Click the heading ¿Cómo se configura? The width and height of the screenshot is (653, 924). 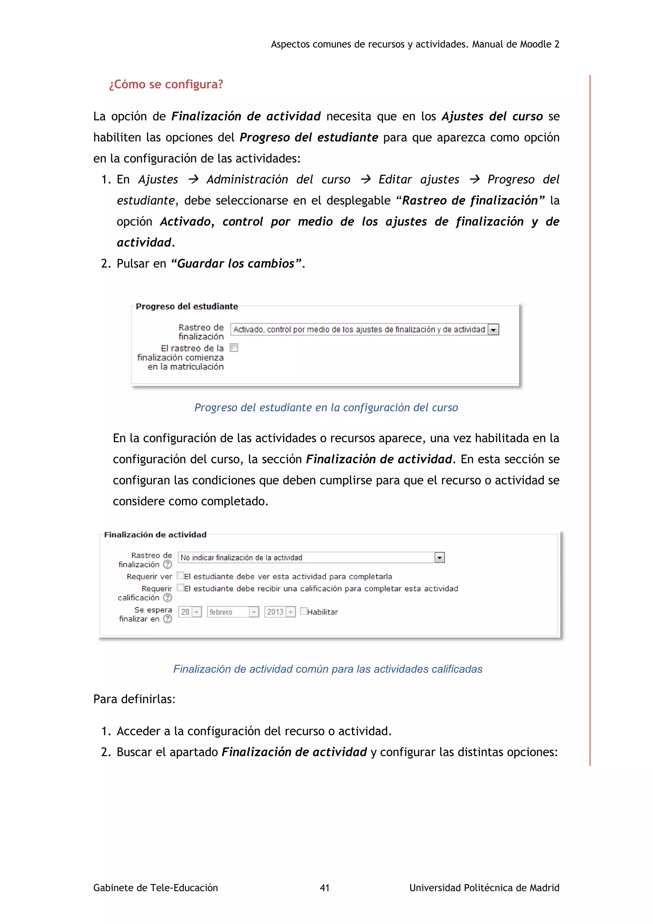[166, 85]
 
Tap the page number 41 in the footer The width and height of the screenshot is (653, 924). [325, 887]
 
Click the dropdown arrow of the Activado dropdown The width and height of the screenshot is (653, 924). [493, 330]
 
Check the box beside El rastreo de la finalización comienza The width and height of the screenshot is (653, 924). [234, 348]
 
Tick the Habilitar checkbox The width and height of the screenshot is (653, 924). [304, 611]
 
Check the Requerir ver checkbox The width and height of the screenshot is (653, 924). [180, 576]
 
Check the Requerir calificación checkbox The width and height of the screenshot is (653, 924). [180, 588]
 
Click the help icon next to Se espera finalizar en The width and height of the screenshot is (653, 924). [167, 619]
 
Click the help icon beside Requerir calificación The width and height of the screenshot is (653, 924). [167, 598]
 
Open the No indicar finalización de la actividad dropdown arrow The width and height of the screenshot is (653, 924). [439, 557]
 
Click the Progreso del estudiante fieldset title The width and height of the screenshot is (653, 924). [187, 307]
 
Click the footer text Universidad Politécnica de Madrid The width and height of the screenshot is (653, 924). [484, 887]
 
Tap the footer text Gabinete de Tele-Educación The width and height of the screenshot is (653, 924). [156, 887]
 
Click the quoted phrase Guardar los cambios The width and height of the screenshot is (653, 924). [236, 264]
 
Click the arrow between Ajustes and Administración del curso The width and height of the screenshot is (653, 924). [194, 180]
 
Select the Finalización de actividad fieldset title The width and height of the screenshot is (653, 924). [155, 534]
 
